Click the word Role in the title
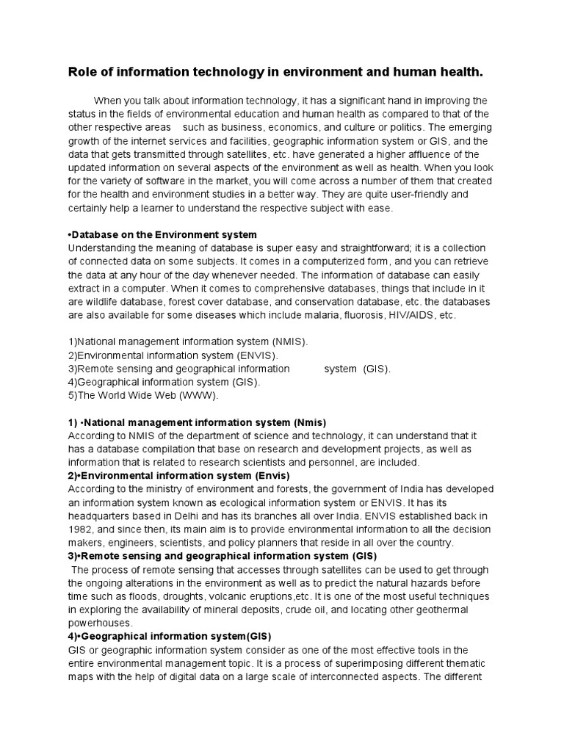coord(82,72)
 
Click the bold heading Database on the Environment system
coord(162,235)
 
